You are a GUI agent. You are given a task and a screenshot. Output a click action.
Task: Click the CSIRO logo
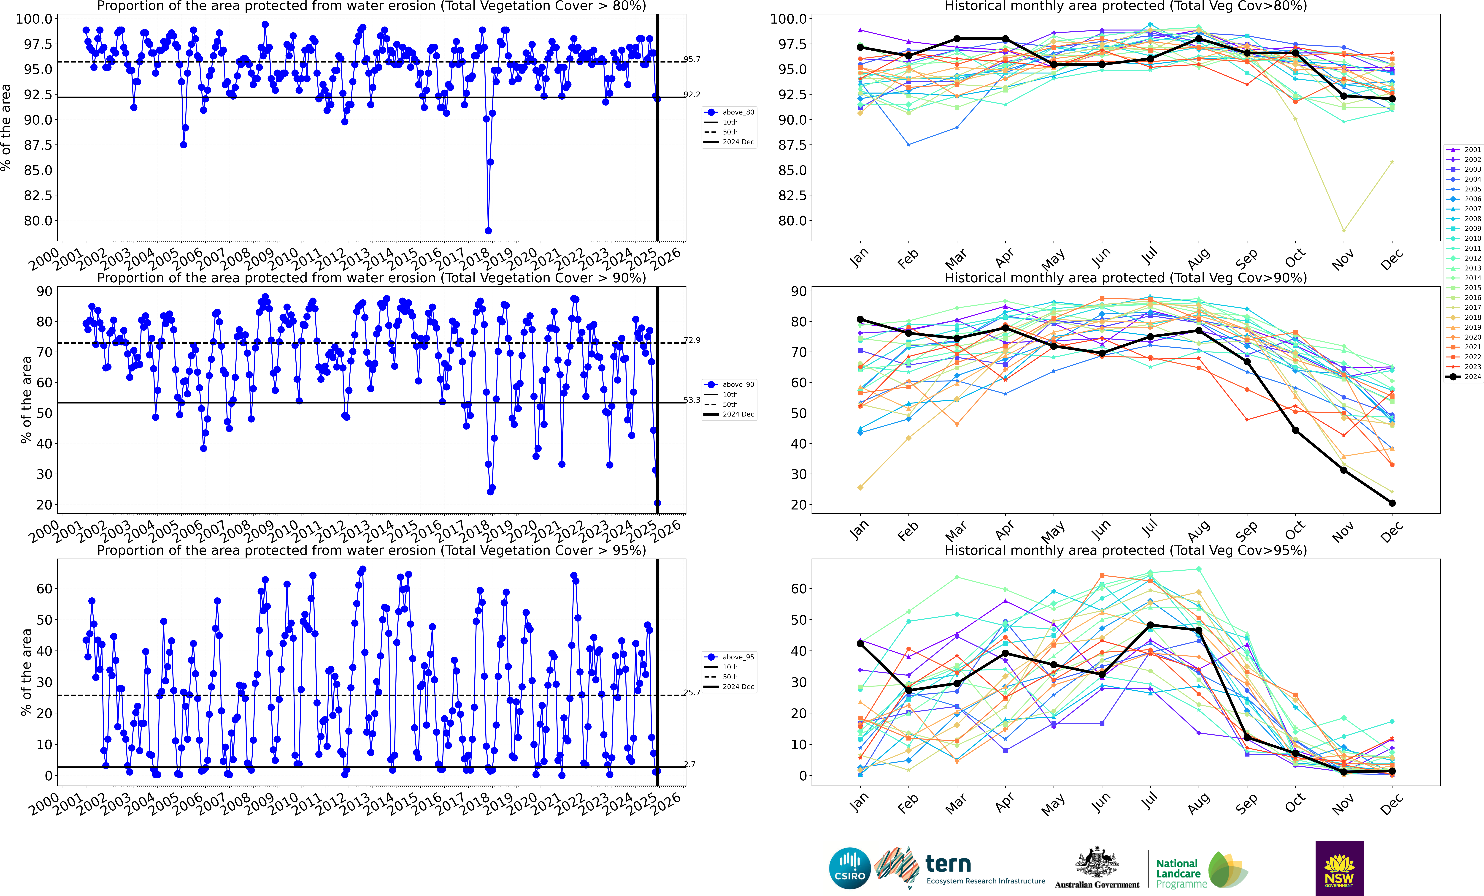click(x=850, y=868)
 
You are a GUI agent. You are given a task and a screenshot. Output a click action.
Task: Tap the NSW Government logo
click(x=1339, y=868)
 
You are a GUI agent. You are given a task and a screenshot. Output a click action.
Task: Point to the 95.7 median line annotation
click(x=692, y=59)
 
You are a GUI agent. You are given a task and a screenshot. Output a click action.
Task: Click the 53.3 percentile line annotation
click(x=692, y=400)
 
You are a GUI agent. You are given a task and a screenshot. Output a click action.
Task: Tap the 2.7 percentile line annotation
click(x=690, y=764)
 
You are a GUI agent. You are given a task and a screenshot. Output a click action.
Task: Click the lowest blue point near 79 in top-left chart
click(x=488, y=231)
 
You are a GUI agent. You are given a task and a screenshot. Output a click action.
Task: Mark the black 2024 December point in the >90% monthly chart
click(x=1392, y=503)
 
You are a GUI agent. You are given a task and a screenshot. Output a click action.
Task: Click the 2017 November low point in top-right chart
click(x=1344, y=230)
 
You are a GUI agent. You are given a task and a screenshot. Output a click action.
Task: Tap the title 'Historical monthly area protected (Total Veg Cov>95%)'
click(x=1126, y=550)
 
